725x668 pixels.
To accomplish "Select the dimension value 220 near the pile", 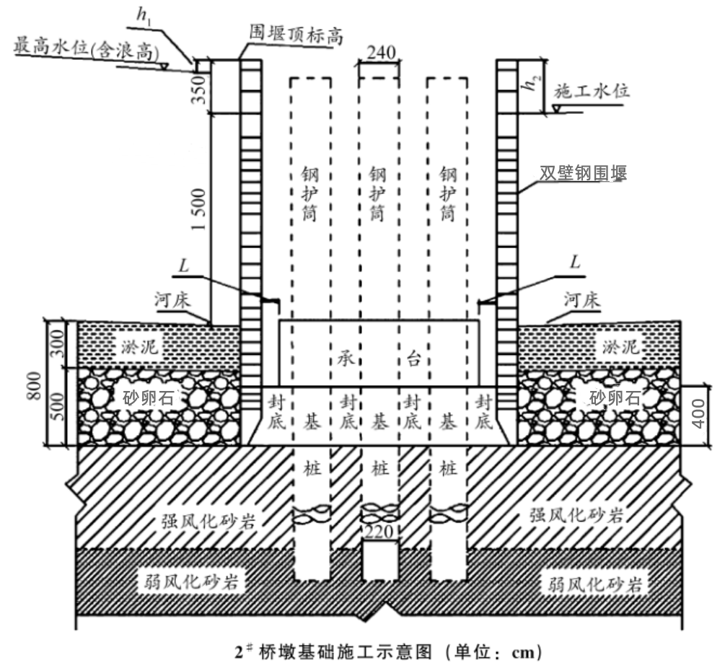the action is (379, 532).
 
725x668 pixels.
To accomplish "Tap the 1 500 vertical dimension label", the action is (198, 209).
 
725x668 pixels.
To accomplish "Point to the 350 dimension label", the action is (198, 89).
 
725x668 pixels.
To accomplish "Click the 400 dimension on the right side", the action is (698, 414).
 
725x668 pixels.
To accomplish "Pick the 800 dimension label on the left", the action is (34, 386).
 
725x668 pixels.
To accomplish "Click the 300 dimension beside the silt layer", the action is (57, 343).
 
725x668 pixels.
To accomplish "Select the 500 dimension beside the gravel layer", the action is (57, 407).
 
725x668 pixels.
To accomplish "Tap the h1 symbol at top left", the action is (144, 16).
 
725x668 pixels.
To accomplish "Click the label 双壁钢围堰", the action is (583, 173).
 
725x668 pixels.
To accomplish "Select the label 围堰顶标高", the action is (296, 35).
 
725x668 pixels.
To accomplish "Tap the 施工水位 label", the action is (592, 91).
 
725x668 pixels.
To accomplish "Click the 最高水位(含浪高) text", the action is (87, 50).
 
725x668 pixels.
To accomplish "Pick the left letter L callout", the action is (184, 266).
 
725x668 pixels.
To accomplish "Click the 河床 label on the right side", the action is (581, 300).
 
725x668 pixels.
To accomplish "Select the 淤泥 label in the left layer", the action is (140, 346).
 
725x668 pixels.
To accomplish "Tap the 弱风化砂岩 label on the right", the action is (595, 585).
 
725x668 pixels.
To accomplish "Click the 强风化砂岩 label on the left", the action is (208, 522).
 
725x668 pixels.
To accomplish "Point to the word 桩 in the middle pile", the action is (380, 469).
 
